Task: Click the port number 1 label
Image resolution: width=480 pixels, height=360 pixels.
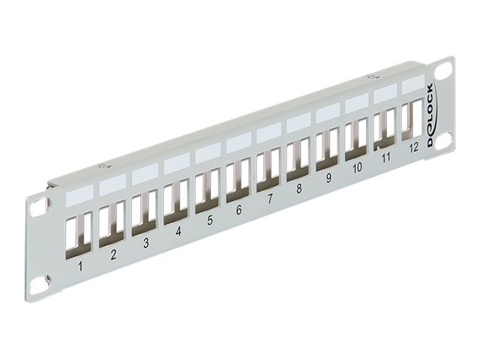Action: point(80,265)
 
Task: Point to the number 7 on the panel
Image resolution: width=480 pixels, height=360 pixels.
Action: point(269,200)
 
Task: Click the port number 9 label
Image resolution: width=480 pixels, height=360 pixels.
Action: point(328,179)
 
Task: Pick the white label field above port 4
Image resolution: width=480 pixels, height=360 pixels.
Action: point(176,161)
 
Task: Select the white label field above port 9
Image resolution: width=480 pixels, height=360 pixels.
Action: point(328,113)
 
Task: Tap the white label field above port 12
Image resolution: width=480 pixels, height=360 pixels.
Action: point(412,85)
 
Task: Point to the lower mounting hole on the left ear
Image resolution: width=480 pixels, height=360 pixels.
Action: point(38,286)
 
